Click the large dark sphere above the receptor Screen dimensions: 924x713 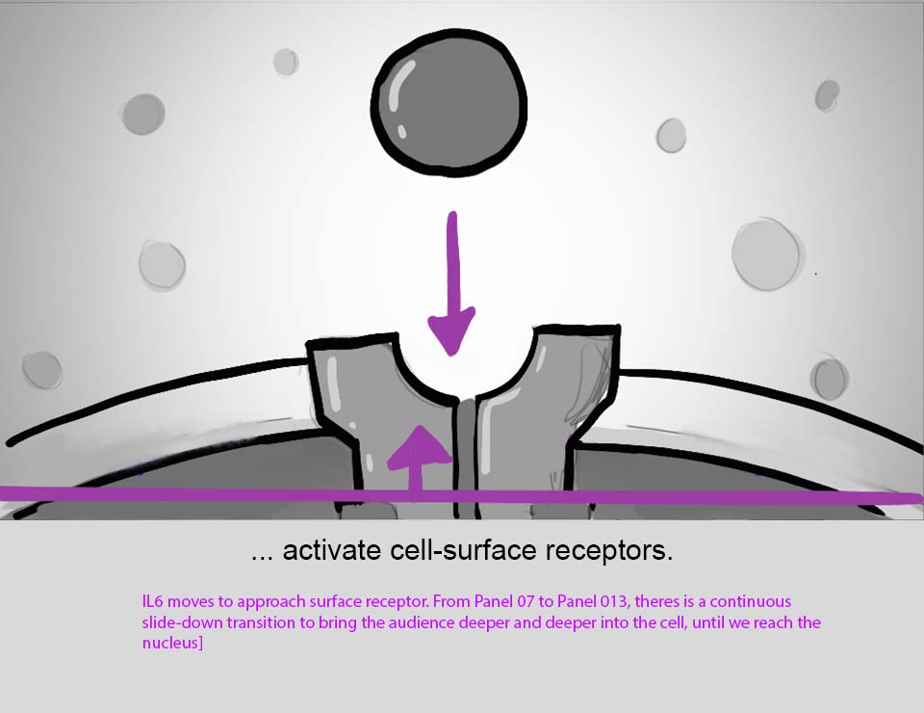[x=449, y=100]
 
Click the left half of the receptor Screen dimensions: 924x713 [x=379, y=405]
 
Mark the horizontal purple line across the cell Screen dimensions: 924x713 [x=674, y=496]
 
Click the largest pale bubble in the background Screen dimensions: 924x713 [x=766, y=254]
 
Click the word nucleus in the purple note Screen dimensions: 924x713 [x=170, y=643]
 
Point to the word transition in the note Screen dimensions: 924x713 [x=263, y=622]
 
